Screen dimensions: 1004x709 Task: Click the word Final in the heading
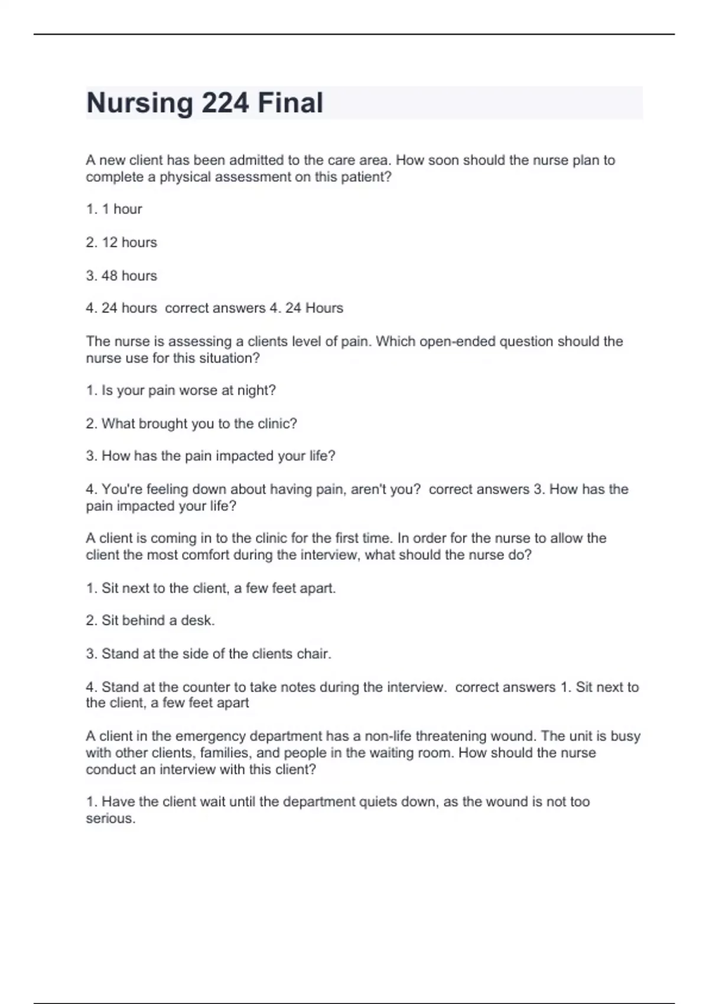[290, 103]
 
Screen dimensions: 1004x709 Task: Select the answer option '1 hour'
[114, 209]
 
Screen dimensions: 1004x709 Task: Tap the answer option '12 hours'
[122, 242]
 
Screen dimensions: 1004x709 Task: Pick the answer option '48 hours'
[122, 276]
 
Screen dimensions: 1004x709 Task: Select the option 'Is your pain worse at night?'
[181, 390]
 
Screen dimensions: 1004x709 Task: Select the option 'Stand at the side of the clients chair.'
[209, 654]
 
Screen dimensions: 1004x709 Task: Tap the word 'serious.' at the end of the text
[110, 819]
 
